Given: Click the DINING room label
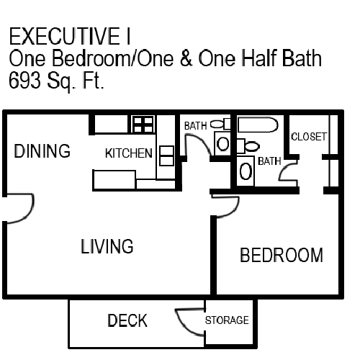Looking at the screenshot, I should coord(42,152).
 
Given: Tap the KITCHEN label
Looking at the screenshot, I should coord(128,153).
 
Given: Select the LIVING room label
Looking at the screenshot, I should coord(107,246).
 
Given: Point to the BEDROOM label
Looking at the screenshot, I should coord(281,256).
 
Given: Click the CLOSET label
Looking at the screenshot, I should coord(309,136).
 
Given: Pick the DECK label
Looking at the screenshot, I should coord(127,320).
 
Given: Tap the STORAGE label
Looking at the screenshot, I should coord(227,320).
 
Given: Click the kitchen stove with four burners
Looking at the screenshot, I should coord(143,124).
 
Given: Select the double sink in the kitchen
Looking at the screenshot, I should coord(166,156).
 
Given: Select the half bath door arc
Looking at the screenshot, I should coord(196,143).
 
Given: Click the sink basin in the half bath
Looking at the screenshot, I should coord(223,144).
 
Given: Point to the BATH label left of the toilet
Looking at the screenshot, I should coord(195,125).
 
